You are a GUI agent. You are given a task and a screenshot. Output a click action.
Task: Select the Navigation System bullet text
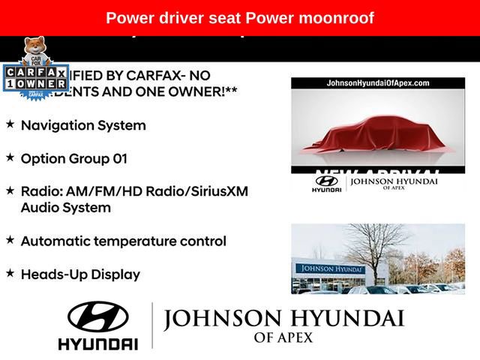pyautogui.click(x=83, y=125)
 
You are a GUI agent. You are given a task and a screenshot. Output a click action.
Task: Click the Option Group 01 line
pyautogui.click(x=74, y=159)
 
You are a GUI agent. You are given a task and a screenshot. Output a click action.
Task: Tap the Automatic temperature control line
pyautogui.click(x=124, y=241)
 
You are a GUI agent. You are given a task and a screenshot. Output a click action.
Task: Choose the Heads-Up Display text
pyautogui.click(x=80, y=274)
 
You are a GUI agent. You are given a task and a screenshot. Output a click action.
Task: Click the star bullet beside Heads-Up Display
pyautogui.click(x=10, y=274)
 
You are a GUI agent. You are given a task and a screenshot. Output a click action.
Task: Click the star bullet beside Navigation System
pyautogui.click(x=10, y=124)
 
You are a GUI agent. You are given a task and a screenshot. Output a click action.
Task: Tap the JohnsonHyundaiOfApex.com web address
pyautogui.click(x=367, y=83)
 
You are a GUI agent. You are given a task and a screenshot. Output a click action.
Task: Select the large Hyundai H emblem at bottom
pyautogui.click(x=98, y=317)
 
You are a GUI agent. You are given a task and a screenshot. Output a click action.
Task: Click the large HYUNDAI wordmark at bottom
pyautogui.click(x=98, y=344)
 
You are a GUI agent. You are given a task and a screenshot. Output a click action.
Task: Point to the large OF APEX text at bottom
pyautogui.click(x=283, y=338)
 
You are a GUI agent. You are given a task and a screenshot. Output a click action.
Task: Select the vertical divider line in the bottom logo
pyautogui.click(x=152, y=325)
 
